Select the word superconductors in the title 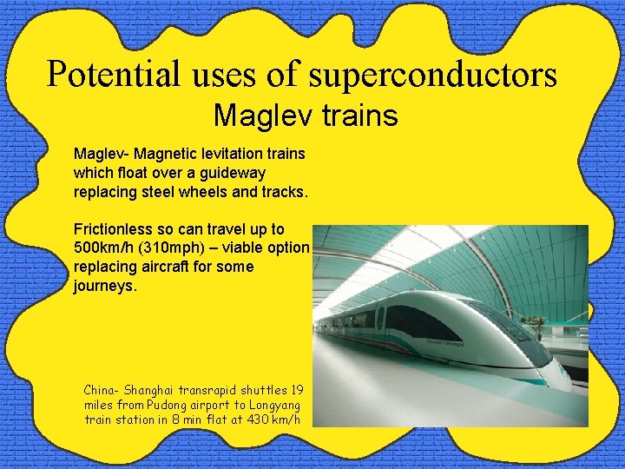point(432,75)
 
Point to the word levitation point(221,154)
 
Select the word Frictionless point(116,229)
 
